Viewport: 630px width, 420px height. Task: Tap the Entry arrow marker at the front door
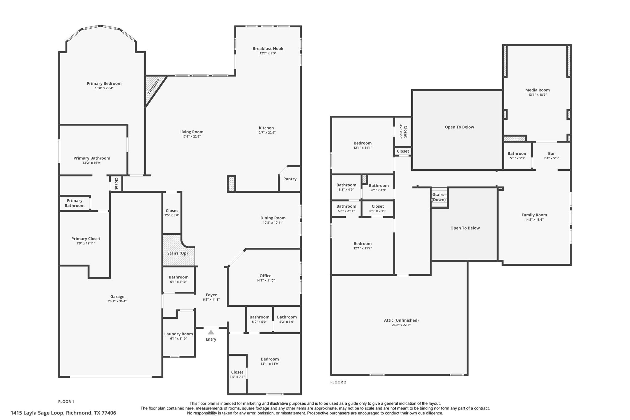click(211, 332)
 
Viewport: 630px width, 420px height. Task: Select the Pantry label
click(290, 179)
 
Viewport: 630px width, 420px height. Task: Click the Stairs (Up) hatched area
click(177, 253)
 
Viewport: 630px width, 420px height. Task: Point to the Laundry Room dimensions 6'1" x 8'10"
click(178, 339)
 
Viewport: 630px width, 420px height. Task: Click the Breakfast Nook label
click(268, 49)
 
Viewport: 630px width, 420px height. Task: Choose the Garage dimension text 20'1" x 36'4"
click(117, 302)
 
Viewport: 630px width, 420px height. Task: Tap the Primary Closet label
click(86, 239)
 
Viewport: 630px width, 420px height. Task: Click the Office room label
click(265, 276)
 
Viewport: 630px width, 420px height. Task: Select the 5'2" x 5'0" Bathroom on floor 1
click(287, 319)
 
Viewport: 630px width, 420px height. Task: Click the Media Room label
click(537, 90)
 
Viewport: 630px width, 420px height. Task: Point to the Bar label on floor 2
click(551, 154)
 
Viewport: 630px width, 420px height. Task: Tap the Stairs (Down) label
click(438, 197)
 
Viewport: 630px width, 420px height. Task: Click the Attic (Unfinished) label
click(401, 320)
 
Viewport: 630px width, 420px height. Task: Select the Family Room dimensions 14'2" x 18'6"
click(534, 220)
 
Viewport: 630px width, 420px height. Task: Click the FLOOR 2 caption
click(338, 382)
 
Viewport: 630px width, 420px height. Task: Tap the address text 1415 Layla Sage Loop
click(63, 413)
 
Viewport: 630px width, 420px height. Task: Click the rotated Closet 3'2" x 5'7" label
click(403, 132)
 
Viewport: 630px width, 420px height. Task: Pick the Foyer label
click(211, 295)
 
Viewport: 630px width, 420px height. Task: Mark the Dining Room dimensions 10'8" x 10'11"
click(273, 223)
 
